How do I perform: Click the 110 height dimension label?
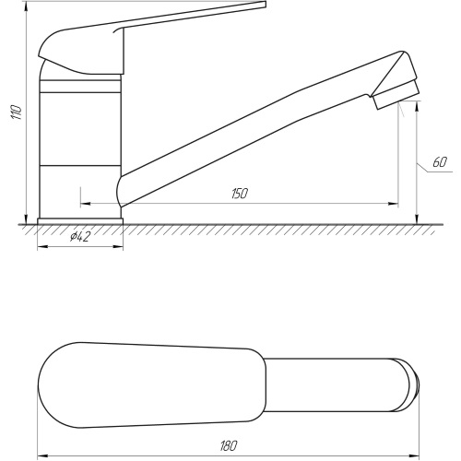[x=17, y=112]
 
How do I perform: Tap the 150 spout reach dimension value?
[x=240, y=194]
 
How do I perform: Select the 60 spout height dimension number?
[x=440, y=162]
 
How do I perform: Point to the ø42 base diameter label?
[x=80, y=237]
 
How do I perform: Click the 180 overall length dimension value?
[x=229, y=446]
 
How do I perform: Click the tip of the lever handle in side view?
[x=265, y=5]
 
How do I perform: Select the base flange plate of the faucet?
[x=80, y=221]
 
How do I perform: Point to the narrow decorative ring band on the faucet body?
[x=80, y=87]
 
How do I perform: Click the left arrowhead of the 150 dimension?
[x=85, y=204]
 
